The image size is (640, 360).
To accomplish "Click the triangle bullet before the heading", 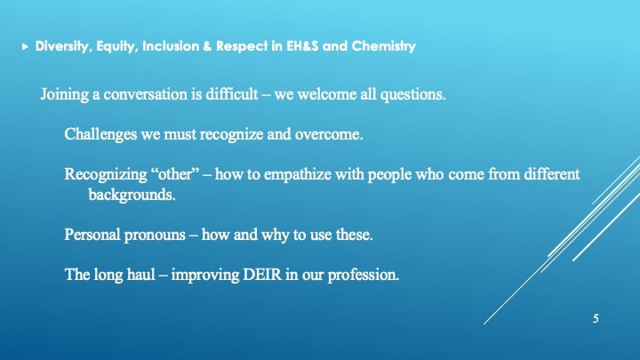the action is (25, 46).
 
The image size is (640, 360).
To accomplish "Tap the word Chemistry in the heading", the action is (384, 45).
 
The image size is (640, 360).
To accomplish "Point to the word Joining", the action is (65, 95).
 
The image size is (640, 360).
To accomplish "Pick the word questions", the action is (413, 95).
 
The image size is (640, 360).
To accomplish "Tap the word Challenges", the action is (100, 134).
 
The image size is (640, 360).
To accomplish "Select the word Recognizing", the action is (106, 175).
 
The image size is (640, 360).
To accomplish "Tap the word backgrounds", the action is (132, 195).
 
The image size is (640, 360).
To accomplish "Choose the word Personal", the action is (92, 235).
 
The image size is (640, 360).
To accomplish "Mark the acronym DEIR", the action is (262, 275).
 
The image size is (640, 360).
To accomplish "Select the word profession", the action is (364, 276).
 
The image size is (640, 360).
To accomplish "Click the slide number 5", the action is (596, 319).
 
